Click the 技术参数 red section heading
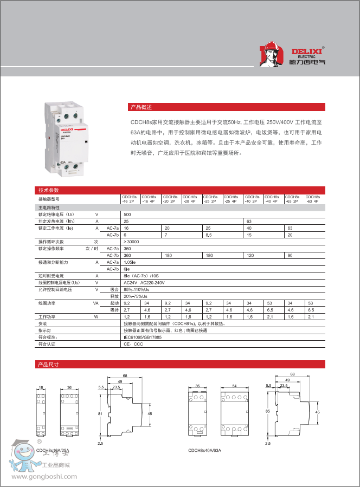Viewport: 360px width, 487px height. pyautogui.click(x=48, y=190)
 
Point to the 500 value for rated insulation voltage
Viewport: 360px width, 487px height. pyautogui.click(x=127, y=215)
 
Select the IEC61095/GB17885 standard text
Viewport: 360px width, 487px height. pyautogui.click(x=143, y=337)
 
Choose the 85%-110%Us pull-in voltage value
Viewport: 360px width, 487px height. pyautogui.click(x=136, y=289)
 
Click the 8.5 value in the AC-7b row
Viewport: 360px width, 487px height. pyautogui.click(x=209, y=235)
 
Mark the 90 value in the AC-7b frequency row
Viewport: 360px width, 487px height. pyautogui.click(x=290, y=255)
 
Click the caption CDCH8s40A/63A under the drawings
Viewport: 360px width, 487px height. pyautogui.click(x=204, y=450)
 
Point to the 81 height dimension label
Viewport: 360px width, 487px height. pyautogui.click(x=100, y=414)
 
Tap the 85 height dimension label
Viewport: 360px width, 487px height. pyautogui.click(x=268, y=411)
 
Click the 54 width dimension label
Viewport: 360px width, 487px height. pyautogui.click(x=234, y=386)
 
